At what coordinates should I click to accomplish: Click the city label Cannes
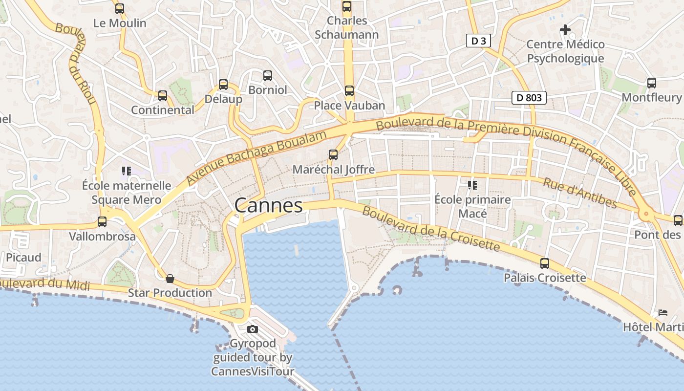(x=268, y=205)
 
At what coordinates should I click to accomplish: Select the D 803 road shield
(x=529, y=98)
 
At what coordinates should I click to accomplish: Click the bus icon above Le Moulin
(x=120, y=8)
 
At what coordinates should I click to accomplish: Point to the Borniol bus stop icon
(x=268, y=75)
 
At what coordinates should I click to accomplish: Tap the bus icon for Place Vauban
(x=349, y=90)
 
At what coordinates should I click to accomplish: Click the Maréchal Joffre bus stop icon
(x=333, y=155)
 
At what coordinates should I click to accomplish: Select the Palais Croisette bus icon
(x=545, y=263)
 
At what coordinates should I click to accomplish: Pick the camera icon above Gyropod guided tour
(x=253, y=329)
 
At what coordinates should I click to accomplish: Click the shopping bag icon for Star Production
(x=170, y=279)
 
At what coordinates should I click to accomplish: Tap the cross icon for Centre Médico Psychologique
(x=565, y=30)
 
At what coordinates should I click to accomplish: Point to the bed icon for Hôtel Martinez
(x=663, y=312)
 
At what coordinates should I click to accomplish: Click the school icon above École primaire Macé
(x=472, y=185)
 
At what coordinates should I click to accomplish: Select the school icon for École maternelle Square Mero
(x=127, y=171)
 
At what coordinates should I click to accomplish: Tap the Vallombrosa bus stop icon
(x=102, y=222)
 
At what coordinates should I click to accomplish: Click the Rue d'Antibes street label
(x=580, y=193)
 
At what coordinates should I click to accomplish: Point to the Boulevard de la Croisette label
(x=431, y=229)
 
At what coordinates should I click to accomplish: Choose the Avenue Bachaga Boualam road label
(x=256, y=157)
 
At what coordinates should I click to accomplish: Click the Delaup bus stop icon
(x=223, y=85)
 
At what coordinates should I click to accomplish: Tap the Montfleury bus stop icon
(x=652, y=83)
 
